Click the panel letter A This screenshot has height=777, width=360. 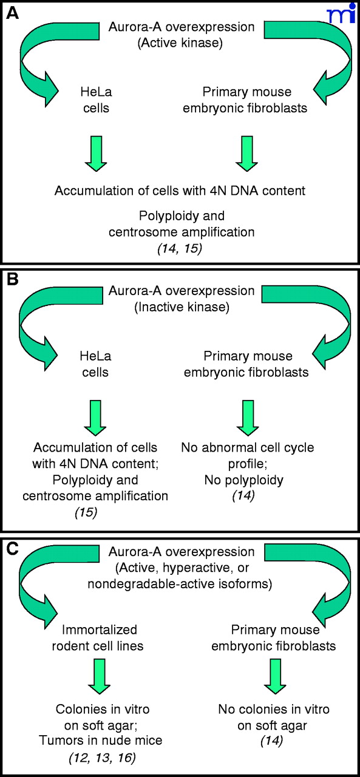[13, 13]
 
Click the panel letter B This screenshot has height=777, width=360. [13, 279]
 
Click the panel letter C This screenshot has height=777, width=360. [13, 549]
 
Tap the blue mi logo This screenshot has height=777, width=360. [342, 13]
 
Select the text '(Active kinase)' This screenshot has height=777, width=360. [180, 43]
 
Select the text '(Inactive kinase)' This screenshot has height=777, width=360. [182, 307]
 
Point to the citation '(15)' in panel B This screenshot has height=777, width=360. [86, 512]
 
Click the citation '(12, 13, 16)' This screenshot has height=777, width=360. [103, 758]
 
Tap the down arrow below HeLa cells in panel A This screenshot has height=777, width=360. [96, 154]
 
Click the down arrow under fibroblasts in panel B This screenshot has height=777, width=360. [248, 418]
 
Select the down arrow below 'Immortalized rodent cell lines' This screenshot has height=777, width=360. [99, 677]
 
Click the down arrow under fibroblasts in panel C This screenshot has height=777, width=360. [275, 677]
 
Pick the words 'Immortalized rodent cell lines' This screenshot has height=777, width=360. [98, 638]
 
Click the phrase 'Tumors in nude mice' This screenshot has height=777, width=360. [101, 740]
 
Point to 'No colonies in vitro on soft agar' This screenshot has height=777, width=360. [274, 718]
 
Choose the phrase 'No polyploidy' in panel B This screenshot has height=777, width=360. [244, 480]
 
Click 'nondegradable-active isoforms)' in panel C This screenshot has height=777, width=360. [180, 584]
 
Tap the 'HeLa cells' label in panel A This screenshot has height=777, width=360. [96, 100]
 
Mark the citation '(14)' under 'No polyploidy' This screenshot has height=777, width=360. [243, 495]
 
